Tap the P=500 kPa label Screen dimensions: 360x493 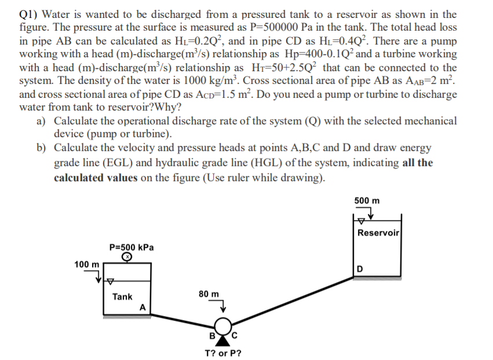coord(132,247)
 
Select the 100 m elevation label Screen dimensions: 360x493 coord(86,265)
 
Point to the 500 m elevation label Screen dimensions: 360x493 coord(367,201)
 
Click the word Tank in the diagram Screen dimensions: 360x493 coord(122,296)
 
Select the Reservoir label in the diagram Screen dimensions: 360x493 coord(378,233)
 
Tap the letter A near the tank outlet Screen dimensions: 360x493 coord(142,307)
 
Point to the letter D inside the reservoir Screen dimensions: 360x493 coord(360,268)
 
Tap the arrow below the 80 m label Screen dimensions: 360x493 coord(219,306)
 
